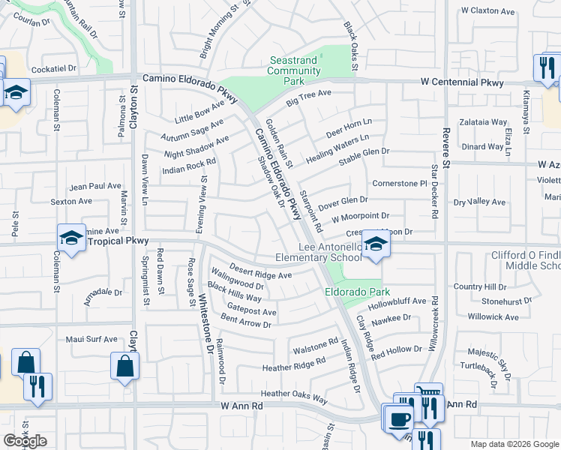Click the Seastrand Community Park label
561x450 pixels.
point(295,70)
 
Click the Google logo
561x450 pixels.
point(25,441)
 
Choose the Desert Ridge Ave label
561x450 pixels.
point(260,274)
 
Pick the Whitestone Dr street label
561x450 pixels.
point(203,330)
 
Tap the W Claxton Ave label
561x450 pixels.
point(488,11)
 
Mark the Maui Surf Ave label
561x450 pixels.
point(94,339)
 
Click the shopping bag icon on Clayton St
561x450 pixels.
point(124,366)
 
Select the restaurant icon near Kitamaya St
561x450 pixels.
point(544,67)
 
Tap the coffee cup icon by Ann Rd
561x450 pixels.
point(400,417)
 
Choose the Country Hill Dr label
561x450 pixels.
point(480,286)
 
